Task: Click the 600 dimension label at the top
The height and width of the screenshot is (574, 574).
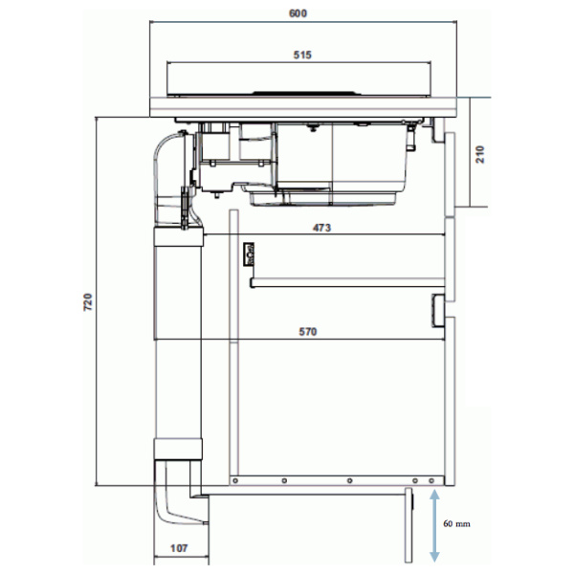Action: pyautogui.click(x=298, y=13)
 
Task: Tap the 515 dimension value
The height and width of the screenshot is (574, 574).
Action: pyautogui.click(x=302, y=55)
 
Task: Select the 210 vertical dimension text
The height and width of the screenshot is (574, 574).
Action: pyautogui.click(x=480, y=154)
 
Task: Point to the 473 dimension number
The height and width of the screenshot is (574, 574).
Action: pyautogui.click(x=321, y=228)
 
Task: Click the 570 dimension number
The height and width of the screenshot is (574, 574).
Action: pyautogui.click(x=308, y=332)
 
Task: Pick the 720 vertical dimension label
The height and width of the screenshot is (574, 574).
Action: pyautogui.click(x=88, y=302)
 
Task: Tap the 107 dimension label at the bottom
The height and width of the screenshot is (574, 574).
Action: pyautogui.click(x=179, y=548)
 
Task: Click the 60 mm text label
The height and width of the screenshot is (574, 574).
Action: pyautogui.click(x=456, y=524)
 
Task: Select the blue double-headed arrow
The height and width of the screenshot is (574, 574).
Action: pyautogui.click(x=434, y=525)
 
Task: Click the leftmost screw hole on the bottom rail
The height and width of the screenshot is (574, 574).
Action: pyautogui.click(x=235, y=480)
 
